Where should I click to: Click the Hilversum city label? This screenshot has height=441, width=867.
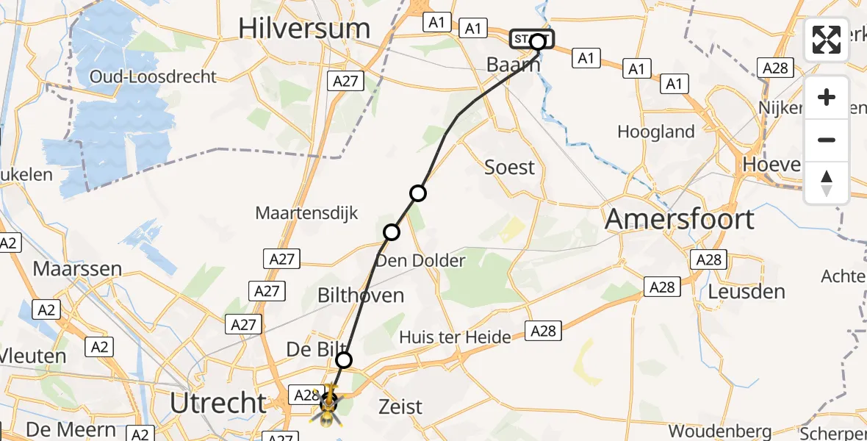(303, 29)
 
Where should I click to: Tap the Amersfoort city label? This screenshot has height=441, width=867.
(680, 219)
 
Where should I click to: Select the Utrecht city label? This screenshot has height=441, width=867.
(218, 403)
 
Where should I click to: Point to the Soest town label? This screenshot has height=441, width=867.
(510, 167)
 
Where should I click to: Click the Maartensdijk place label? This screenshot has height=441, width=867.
(306, 213)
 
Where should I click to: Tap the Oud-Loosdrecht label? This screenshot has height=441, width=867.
(153, 76)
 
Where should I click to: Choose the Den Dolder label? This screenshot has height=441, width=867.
(420, 260)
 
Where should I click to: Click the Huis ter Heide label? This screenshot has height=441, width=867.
(455, 337)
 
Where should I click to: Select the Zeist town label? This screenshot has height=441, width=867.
(400, 406)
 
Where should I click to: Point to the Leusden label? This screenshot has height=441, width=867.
(747, 291)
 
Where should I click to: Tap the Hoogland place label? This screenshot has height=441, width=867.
(656, 132)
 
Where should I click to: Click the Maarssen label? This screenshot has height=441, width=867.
(77, 268)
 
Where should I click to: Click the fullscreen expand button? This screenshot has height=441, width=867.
(827, 40)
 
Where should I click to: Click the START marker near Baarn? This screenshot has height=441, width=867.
(533, 39)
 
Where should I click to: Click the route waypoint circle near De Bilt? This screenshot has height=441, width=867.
(344, 360)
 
